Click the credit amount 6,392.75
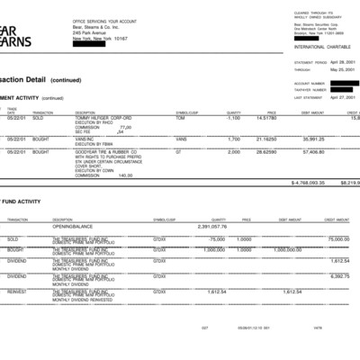pos(339,275)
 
